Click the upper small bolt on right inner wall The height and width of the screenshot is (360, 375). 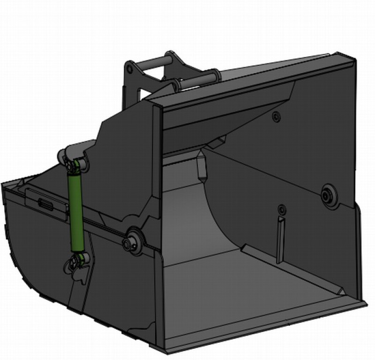pyautogui.click(x=277, y=115)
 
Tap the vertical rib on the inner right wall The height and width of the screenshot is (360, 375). pyautogui.click(x=280, y=239)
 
